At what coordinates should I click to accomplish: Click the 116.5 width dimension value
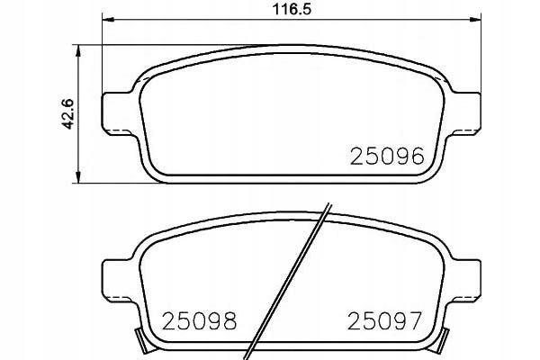tap(292, 9)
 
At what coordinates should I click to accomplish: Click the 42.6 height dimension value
tap(67, 114)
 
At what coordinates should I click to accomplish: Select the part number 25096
tap(387, 156)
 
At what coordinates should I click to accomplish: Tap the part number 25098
tap(200, 321)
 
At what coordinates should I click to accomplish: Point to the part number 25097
tap(384, 321)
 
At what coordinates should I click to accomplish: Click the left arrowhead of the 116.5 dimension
tap(108, 19)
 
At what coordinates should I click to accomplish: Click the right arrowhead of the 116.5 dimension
tap(475, 19)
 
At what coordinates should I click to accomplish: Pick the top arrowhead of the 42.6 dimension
tap(79, 50)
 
